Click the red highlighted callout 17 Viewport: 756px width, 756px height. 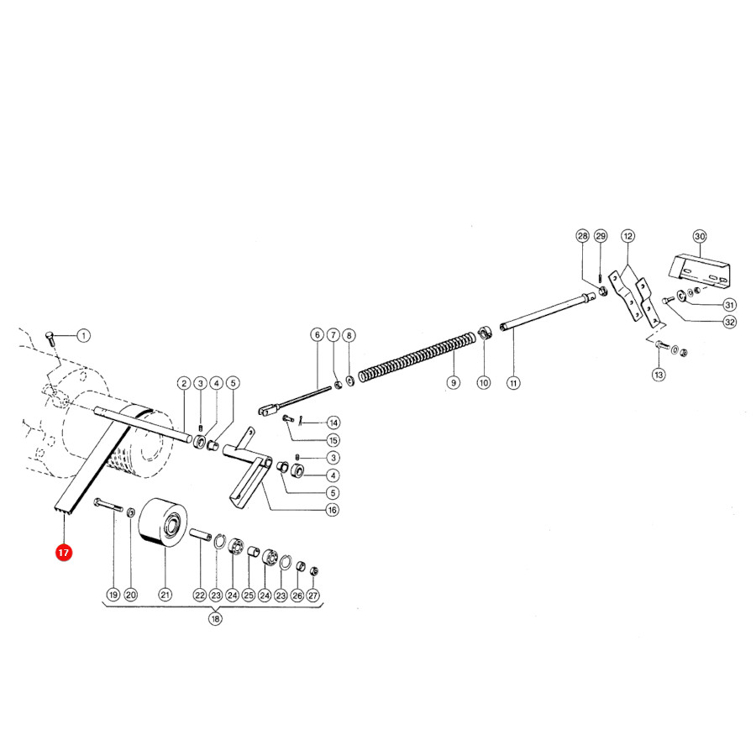click(x=64, y=553)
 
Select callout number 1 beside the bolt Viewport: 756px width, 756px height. click(x=83, y=335)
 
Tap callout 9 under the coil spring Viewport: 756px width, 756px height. click(x=454, y=383)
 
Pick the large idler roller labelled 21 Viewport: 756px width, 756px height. click(x=162, y=523)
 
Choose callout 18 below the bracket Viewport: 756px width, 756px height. click(x=215, y=618)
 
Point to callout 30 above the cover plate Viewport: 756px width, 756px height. click(x=700, y=236)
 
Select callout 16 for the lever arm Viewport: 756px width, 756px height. click(x=332, y=510)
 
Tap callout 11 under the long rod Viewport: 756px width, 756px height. click(x=513, y=383)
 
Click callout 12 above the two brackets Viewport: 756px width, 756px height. click(x=627, y=236)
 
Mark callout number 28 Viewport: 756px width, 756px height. click(x=583, y=236)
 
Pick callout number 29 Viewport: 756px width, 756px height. click(x=601, y=236)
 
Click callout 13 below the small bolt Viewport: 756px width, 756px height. click(x=659, y=375)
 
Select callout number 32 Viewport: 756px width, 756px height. click(x=730, y=322)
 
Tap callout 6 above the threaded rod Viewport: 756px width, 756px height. click(x=317, y=334)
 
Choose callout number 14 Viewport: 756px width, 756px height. click(x=333, y=423)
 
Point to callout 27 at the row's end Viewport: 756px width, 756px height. click(x=313, y=596)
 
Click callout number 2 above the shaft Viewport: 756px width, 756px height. click(x=184, y=383)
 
